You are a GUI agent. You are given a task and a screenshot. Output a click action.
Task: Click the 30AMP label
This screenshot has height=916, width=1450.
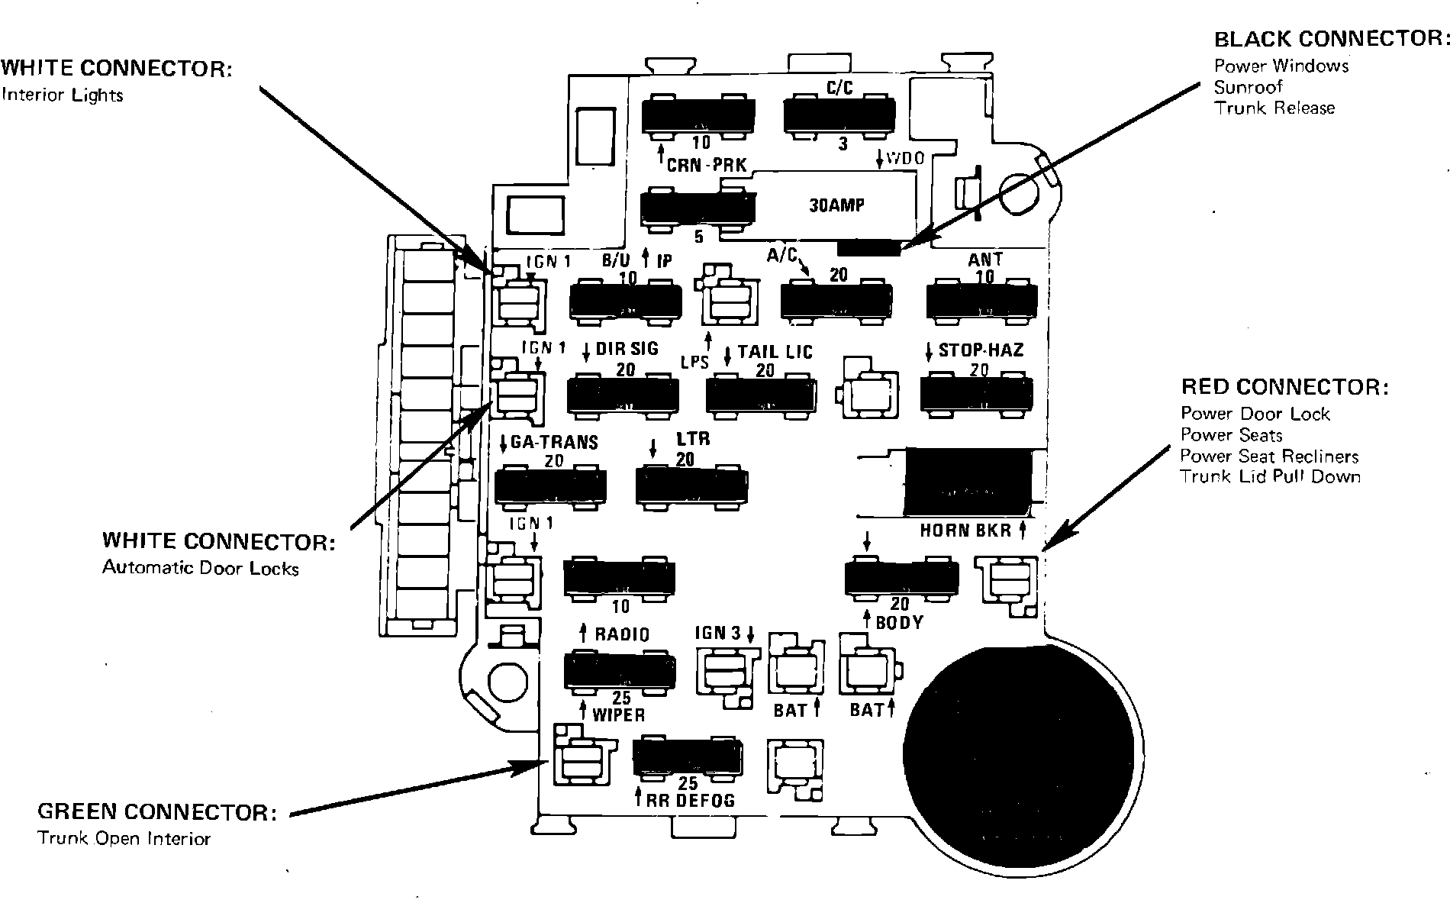point(836,205)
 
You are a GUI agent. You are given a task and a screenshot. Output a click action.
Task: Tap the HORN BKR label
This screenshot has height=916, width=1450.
point(965,530)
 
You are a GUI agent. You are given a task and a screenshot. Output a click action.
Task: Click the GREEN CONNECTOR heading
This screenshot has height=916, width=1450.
point(157,811)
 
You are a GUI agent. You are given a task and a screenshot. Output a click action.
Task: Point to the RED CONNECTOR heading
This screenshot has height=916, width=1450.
point(1284,387)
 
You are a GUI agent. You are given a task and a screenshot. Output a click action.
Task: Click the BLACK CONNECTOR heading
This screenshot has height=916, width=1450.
point(1331,39)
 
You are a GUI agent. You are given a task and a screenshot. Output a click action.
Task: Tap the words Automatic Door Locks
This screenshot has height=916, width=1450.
point(200,569)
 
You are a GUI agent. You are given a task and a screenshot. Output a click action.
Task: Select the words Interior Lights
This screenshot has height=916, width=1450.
point(63,95)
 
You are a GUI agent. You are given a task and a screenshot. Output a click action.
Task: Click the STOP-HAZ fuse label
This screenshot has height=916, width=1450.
point(981,350)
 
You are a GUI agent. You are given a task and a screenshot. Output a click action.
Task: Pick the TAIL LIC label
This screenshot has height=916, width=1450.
point(775,352)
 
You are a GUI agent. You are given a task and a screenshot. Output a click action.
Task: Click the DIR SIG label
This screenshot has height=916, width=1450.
point(627,349)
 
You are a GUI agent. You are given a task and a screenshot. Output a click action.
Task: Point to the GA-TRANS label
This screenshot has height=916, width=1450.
point(554,443)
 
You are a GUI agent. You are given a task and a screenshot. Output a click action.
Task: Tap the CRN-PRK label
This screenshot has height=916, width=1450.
point(706,165)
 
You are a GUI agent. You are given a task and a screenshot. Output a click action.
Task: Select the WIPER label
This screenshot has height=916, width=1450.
point(618,714)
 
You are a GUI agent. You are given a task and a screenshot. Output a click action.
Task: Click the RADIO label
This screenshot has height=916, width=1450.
point(622,634)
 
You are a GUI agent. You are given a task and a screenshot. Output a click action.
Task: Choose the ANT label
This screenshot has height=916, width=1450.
point(985,260)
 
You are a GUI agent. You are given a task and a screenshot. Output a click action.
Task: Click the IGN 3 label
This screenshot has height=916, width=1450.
point(717,634)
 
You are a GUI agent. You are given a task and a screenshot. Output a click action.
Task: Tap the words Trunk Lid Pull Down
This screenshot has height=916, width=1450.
point(1270,477)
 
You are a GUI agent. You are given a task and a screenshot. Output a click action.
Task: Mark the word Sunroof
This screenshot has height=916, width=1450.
point(1249,87)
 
